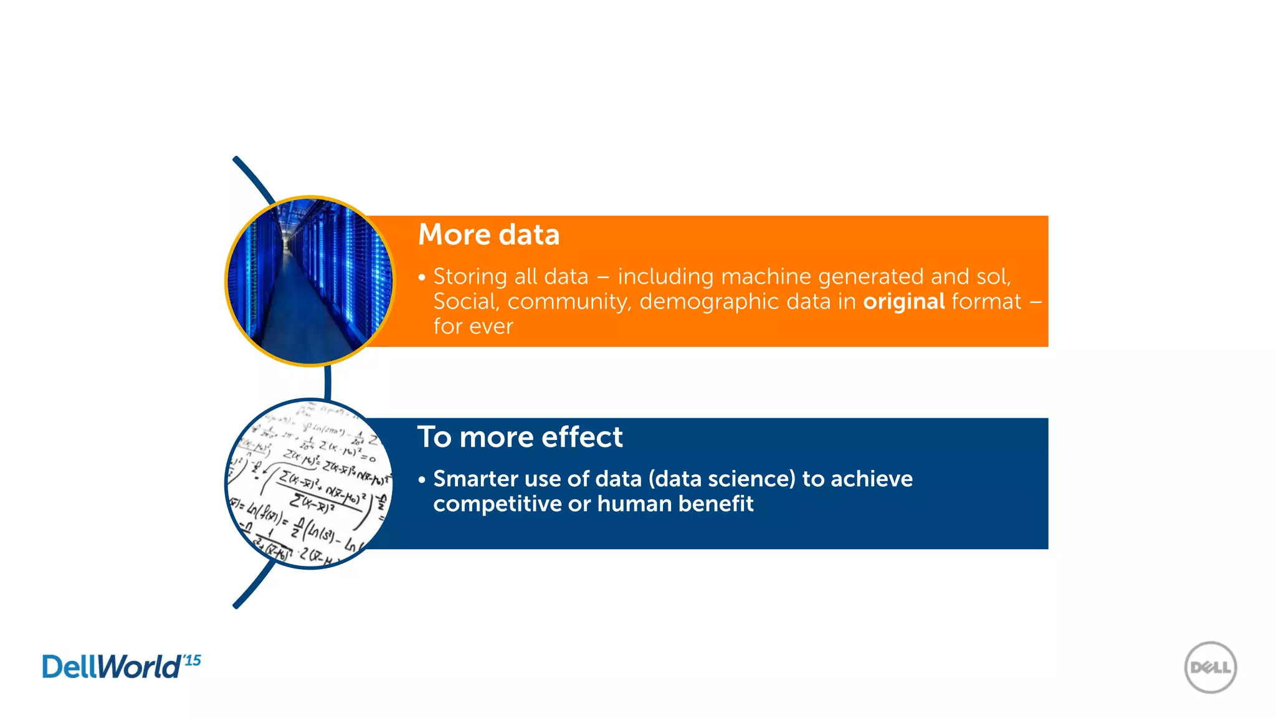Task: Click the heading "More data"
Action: [488, 235]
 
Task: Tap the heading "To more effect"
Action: [520, 437]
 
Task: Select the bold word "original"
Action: [904, 302]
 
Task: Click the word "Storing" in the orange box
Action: [470, 277]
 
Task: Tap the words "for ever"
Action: [473, 327]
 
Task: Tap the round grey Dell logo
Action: [1210, 668]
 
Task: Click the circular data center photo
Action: [310, 281]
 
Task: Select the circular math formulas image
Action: [310, 484]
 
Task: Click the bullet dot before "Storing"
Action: [422, 277]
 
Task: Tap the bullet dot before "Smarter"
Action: [422, 480]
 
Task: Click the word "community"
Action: [569, 302]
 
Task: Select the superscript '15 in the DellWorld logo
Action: [193, 660]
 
